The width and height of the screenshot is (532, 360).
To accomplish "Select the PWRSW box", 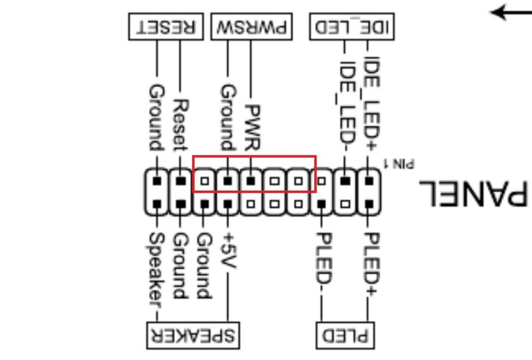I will pos(251,26).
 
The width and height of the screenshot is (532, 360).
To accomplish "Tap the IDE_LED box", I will pos(352,26).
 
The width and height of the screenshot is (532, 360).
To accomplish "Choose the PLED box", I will pos(345,335).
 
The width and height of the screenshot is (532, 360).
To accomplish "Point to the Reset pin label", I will pos(180,125).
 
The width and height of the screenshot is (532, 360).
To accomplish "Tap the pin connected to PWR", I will pos(251,181).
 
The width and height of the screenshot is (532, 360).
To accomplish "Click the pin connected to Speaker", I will pos(156,204).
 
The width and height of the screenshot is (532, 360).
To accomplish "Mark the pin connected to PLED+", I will pos(369,204).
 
